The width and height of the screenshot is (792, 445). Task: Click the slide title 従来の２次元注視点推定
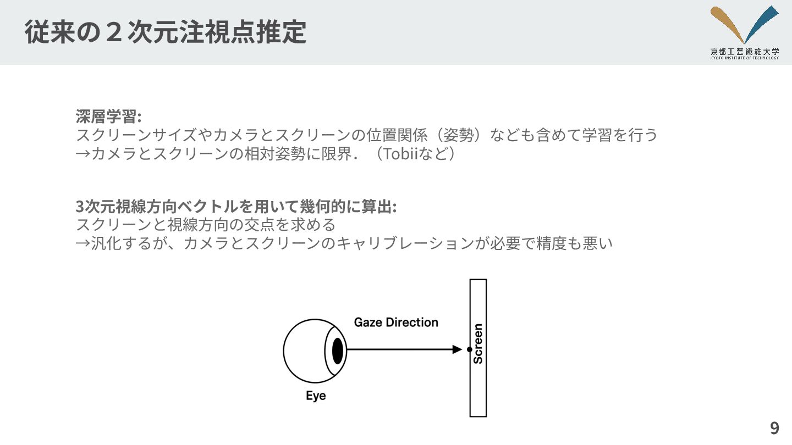165,32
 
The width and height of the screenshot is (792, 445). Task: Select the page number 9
774,428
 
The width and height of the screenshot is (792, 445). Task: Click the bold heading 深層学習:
108,116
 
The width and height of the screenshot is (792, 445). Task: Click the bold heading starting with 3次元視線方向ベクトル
236,207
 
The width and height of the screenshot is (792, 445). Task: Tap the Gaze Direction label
396,322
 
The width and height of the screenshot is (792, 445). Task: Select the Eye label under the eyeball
316,396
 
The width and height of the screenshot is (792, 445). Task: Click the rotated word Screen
478,343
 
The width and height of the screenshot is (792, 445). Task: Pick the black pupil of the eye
338,350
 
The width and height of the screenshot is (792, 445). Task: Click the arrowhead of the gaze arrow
457,349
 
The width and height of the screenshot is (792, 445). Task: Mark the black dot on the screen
469,349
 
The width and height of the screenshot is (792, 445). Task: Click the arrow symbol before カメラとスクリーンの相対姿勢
82,153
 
